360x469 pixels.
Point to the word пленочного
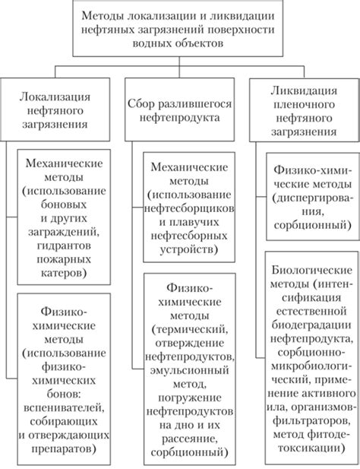click(x=304, y=104)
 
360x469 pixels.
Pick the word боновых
click(x=64, y=204)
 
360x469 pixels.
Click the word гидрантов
click(x=64, y=246)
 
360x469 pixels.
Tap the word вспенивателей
click(x=64, y=407)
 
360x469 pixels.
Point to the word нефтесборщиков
click(x=189, y=208)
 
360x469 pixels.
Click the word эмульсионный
click(x=189, y=370)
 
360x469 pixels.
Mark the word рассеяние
click(x=189, y=439)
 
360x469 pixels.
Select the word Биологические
click(x=312, y=270)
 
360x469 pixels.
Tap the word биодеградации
click(x=311, y=325)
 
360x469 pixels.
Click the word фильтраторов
click(x=311, y=421)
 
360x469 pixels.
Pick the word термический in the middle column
click(x=188, y=329)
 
